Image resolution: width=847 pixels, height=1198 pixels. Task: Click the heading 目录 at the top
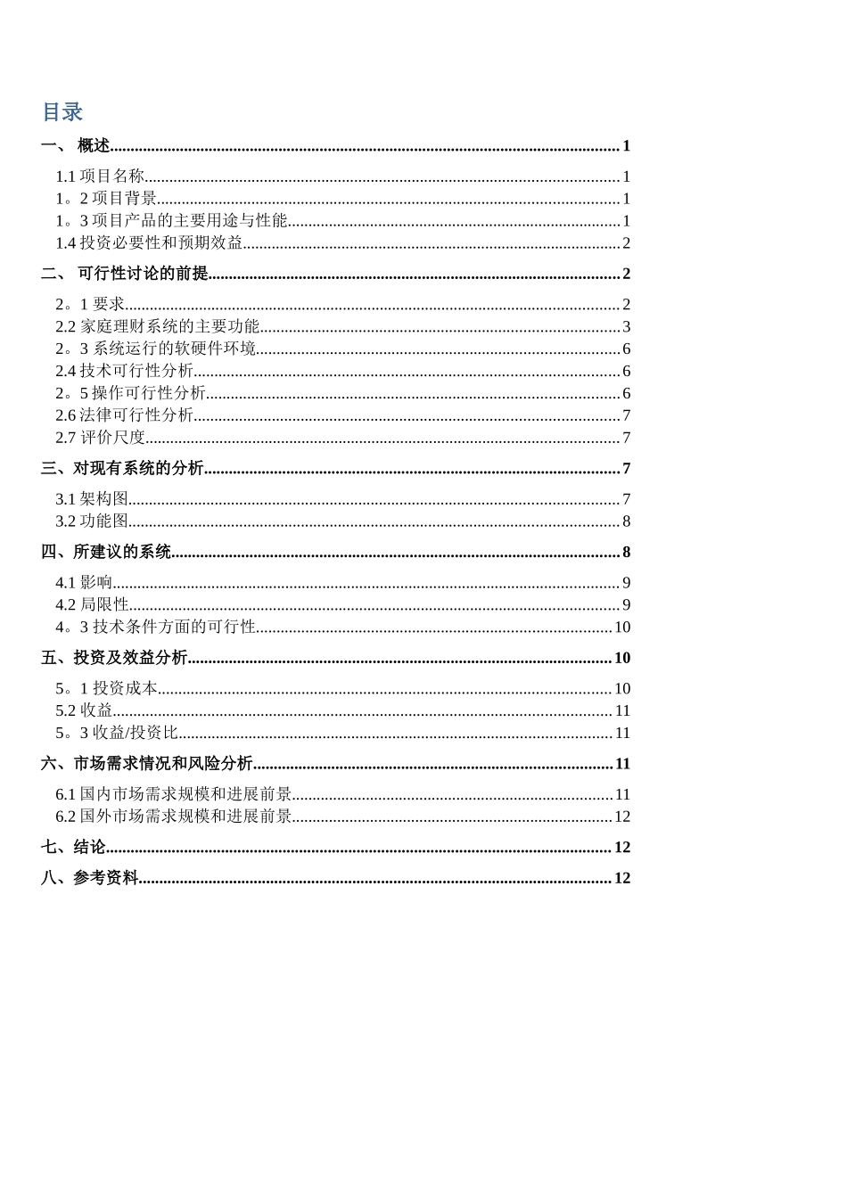[62, 112]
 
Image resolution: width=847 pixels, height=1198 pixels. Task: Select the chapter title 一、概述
[77, 146]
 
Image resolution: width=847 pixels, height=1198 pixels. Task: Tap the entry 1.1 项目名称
[100, 176]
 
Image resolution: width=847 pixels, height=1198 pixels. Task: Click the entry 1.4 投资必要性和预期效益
[149, 243]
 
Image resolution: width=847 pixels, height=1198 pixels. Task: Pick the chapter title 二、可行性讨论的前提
[125, 274]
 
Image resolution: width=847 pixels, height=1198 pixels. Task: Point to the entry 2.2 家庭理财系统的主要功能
[158, 327]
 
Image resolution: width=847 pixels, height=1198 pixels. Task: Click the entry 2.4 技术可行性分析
[124, 372]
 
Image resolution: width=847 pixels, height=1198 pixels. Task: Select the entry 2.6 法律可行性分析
[124, 415]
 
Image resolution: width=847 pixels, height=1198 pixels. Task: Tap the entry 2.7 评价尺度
[100, 438]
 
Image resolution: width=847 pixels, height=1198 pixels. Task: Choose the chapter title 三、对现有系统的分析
[122, 469]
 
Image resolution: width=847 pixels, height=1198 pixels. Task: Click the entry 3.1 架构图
[92, 499]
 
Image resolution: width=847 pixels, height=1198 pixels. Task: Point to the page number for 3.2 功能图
[626, 521]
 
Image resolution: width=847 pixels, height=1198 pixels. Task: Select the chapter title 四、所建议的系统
[106, 553]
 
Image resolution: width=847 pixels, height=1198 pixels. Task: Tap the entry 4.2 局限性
[92, 605]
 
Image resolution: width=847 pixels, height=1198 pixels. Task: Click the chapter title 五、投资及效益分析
[114, 658]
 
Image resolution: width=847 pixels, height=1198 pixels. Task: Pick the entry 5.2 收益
[84, 710]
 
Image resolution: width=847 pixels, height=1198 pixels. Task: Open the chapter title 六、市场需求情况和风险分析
[147, 764]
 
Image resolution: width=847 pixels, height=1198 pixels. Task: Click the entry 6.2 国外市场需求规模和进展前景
[174, 816]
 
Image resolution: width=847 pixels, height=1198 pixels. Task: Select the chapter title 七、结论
[73, 848]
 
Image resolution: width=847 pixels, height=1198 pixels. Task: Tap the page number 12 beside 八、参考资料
[622, 878]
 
